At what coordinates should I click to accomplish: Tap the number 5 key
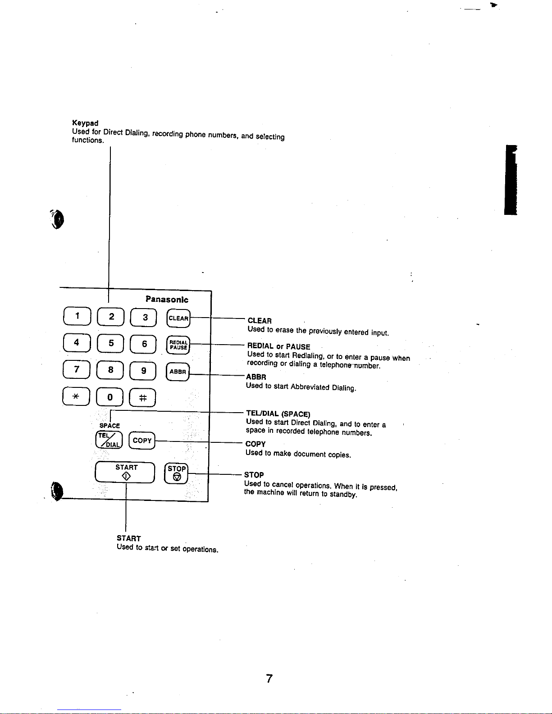[x=111, y=343]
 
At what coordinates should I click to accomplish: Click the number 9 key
[x=143, y=371]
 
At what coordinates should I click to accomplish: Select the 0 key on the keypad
[x=110, y=397]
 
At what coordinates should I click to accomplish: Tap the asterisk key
[x=76, y=396]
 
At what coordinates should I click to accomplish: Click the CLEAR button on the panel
[x=178, y=318]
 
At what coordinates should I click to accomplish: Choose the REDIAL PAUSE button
[x=178, y=345]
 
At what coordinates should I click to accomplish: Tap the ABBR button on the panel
[x=178, y=372]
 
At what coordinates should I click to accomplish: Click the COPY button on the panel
[x=142, y=440]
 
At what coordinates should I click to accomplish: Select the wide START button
[x=125, y=472]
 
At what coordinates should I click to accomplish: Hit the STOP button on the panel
[x=177, y=473]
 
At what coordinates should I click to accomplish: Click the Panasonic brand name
[x=167, y=299]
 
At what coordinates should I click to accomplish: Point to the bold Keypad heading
[x=85, y=123]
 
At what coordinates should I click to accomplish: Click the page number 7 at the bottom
[x=269, y=678]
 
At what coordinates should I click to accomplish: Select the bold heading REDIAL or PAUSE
[x=278, y=346]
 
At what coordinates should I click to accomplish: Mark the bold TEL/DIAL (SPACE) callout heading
[x=278, y=414]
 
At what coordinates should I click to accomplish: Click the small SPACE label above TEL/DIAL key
[x=110, y=426]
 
